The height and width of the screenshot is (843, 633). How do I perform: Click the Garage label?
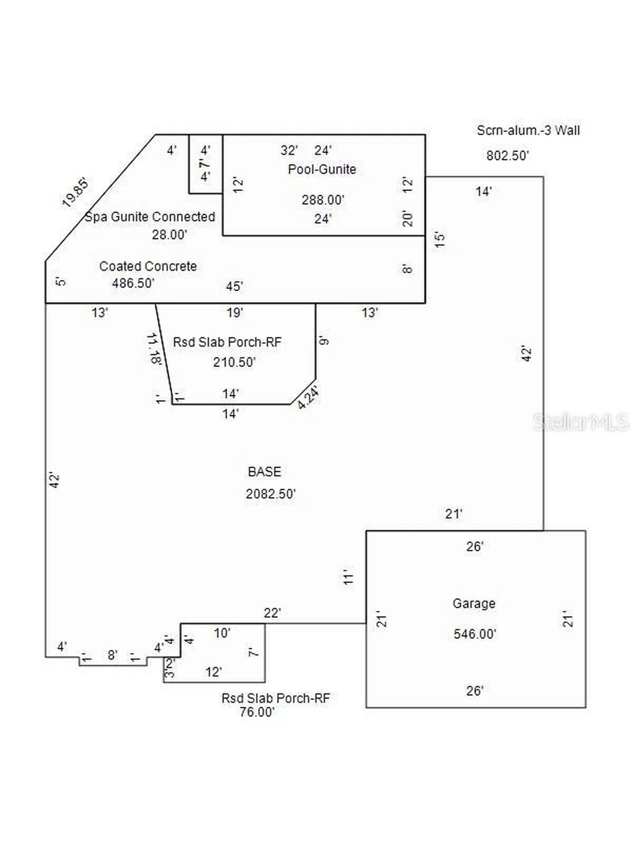tap(474, 604)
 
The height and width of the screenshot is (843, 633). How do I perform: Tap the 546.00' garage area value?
tap(475, 634)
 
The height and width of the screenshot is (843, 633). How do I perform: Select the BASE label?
tap(264, 472)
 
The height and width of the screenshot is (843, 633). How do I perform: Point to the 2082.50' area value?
tap(271, 494)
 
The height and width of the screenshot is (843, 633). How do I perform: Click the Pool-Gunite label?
tap(322, 169)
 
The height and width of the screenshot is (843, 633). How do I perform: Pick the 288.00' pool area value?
tap(323, 200)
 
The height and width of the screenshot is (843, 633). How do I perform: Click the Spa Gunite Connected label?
tap(150, 216)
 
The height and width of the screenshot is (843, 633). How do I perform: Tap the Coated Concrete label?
tap(148, 266)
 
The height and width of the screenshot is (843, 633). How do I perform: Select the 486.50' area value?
tap(133, 283)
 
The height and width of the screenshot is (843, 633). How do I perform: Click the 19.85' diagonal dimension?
tap(76, 192)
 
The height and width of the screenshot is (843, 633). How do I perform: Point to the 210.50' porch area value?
tap(234, 362)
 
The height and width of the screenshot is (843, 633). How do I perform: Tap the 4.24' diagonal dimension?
tap(308, 397)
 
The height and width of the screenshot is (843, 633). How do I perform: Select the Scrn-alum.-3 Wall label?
tap(528, 130)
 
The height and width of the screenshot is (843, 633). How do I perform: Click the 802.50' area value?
tap(507, 155)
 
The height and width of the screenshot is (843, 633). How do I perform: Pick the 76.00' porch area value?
tap(257, 712)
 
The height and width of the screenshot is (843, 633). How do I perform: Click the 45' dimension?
tap(234, 286)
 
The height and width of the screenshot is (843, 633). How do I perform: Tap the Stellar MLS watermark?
tap(581, 422)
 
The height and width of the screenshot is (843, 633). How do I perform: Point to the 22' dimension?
tap(273, 613)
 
